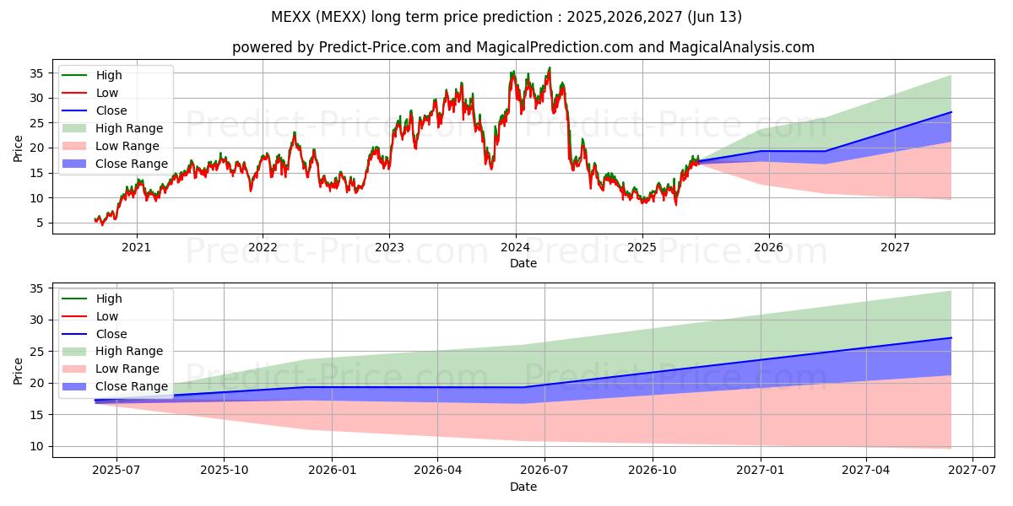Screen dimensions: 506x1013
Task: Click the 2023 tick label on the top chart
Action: click(x=388, y=247)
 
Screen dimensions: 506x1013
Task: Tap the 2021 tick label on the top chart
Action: click(x=136, y=247)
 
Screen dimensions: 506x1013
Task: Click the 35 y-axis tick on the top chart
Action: click(x=36, y=73)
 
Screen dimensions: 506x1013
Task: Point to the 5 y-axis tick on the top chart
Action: click(x=40, y=223)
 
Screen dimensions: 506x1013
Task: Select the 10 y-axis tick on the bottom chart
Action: click(x=36, y=446)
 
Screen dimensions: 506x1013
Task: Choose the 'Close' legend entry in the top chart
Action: click(x=111, y=110)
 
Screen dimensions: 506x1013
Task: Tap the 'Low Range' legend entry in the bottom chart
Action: click(x=127, y=369)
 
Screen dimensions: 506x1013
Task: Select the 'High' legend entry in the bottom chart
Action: click(x=109, y=299)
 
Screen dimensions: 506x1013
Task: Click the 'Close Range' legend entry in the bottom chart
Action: click(x=132, y=387)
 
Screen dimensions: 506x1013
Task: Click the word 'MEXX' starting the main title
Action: click(x=290, y=17)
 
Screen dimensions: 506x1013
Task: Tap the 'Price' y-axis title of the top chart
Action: click(x=19, y=148)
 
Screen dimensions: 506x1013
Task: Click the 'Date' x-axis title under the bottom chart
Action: click(x=523, y=487)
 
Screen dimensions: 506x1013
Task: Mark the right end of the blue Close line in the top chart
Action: click(x=951, y=112)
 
